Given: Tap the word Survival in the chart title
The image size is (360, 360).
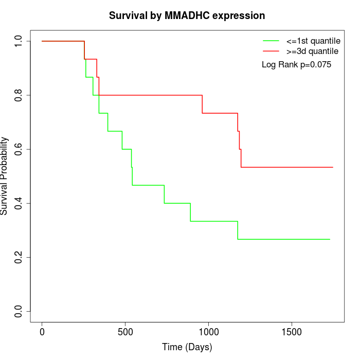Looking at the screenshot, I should point(128,15).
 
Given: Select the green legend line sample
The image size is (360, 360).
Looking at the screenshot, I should point(271,41).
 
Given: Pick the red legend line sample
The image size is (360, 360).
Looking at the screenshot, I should point(271,51).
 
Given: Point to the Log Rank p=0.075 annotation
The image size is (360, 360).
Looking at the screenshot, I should point(296,65).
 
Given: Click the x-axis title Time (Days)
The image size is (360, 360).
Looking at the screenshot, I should point(187,347).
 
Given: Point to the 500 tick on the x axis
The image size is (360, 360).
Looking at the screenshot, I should point(125,332).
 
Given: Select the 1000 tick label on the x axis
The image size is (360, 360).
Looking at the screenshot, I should point(208,332).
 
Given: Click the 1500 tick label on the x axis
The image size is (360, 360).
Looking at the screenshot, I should point(292,332).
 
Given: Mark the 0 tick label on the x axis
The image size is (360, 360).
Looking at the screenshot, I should point(42,332).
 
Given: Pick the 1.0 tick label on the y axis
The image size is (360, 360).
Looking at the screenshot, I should point(19,41).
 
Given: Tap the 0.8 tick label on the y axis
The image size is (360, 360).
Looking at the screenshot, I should point(19,95).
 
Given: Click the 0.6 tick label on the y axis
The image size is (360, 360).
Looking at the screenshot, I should point(19,149).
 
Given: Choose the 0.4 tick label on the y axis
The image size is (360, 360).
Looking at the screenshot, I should point(19,203).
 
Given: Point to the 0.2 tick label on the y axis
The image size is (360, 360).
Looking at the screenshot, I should point(19,257).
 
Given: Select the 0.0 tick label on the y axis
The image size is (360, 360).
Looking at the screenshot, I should point(19,311).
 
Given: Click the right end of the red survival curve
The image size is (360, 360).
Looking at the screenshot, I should point(333,167).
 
